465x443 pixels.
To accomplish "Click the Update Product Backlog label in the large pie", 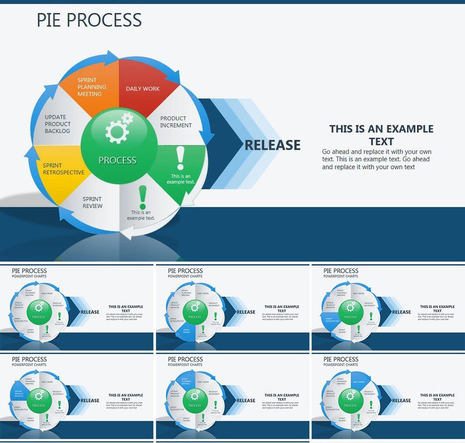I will [58, 124].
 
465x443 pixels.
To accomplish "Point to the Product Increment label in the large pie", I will [176, 122].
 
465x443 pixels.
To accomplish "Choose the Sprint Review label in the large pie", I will [93, 203].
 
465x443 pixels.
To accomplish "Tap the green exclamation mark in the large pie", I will [143, 197].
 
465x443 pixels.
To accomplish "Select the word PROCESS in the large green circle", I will [118, 160].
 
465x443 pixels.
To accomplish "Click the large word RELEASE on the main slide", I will [272, 145].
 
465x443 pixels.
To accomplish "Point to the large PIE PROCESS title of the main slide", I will [89, 20].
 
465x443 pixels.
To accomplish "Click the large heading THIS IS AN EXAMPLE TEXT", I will [381, 135].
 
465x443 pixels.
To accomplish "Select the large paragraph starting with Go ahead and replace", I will [376, 159].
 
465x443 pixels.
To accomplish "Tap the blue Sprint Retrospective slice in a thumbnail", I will [331, 320].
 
